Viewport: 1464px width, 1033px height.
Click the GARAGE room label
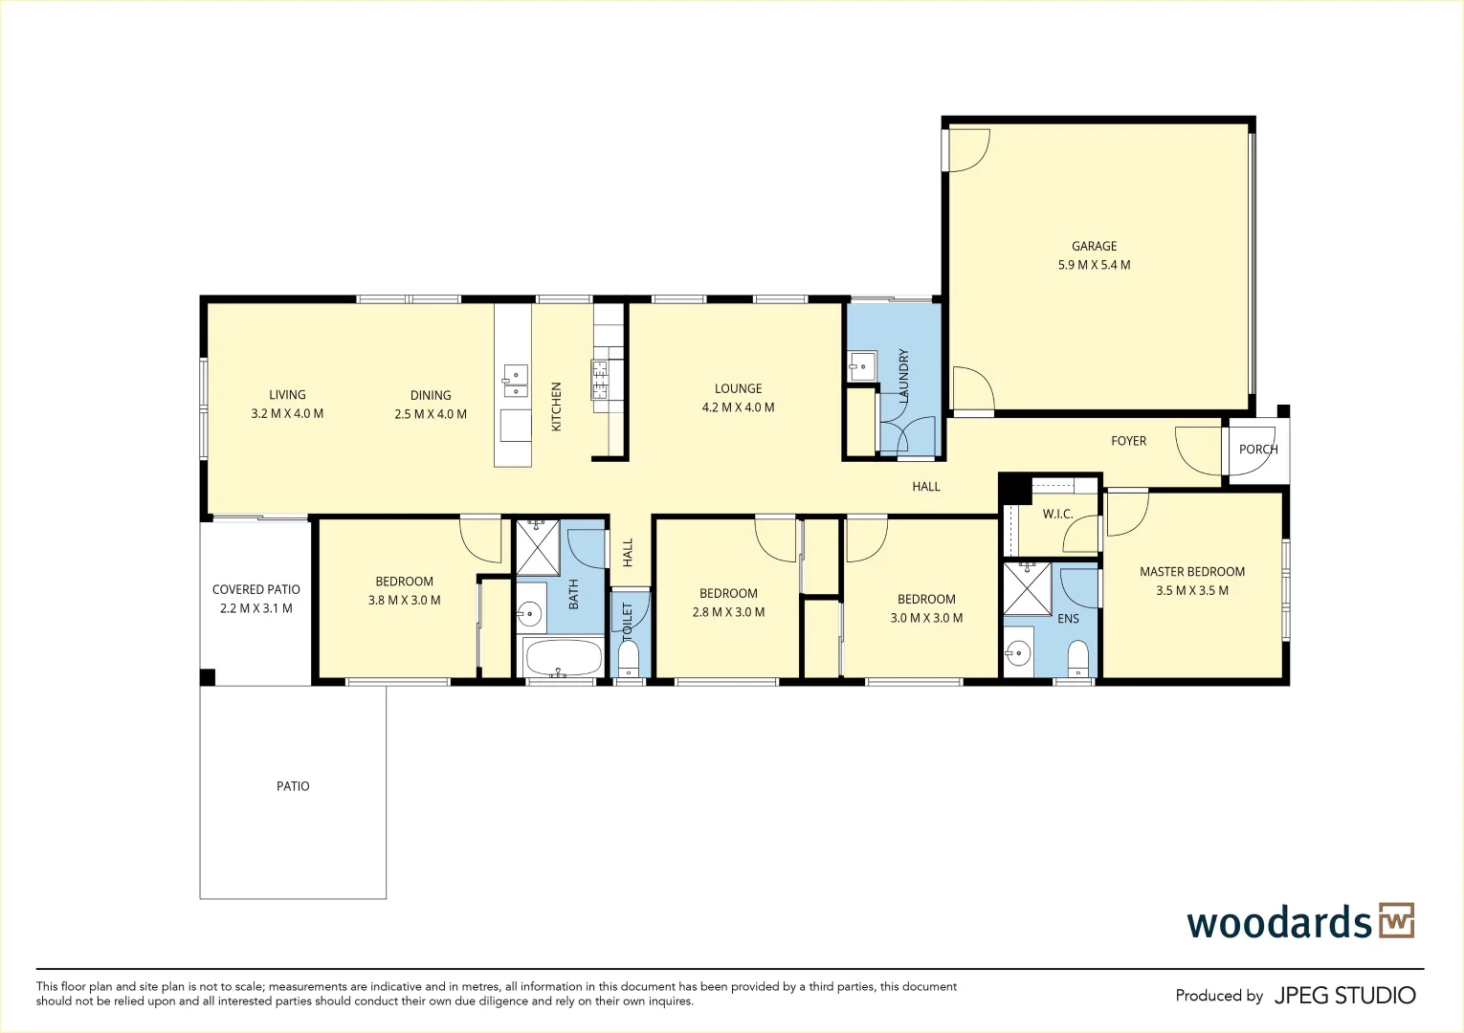coord(1094,246)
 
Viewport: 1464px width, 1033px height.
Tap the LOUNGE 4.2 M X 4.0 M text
coord(738,398)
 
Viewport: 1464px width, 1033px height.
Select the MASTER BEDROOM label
coord(1192,572)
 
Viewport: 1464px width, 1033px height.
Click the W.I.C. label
coord(1057,514)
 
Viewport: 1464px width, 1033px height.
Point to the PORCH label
coord(1257,449)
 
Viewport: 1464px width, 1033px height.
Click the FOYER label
coord(1128,441)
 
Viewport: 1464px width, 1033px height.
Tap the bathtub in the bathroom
coord(564,657)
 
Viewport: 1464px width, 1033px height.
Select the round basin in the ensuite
coord(1017,655)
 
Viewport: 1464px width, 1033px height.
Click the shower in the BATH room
coord(538,547)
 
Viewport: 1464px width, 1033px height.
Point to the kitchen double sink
coord(515,381)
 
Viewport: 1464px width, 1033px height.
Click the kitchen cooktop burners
coord(600,379)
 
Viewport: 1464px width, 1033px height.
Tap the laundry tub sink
coord(861,365)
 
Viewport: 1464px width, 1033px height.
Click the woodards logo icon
coord(1396,920)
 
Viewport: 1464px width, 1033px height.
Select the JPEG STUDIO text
coord(1344,996)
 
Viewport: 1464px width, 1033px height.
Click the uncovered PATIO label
coord(293,786)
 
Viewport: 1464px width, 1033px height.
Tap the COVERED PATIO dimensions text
coord(256,608)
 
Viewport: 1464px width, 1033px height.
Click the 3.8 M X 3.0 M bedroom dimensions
coord(404,601)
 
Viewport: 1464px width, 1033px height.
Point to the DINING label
coord(431,395)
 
